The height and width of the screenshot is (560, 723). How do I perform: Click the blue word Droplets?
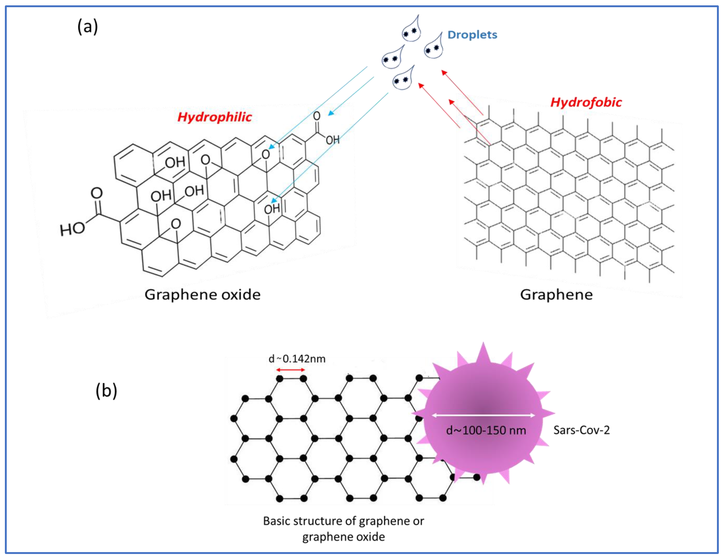click(472, 35)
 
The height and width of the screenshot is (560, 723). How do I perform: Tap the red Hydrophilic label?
click(215, 117)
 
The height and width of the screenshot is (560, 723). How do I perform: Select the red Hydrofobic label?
click(586, 102)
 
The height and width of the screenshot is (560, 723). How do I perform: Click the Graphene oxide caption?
click(202, 294)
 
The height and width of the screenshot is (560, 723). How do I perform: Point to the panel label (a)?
click(87, 26)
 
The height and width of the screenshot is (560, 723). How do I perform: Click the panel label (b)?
click(106, 391)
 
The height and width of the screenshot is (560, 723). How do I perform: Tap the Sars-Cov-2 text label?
click(581, 430)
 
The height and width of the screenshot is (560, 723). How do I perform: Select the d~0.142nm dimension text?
click(297, 359)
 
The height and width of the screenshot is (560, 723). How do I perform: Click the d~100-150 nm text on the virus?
click(486, 430)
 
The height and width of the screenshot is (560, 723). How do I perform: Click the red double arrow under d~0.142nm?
click(291, 370)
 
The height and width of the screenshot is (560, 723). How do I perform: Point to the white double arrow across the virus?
click(483, 415)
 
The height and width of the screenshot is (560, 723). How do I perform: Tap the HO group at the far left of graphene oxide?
click(72, 229)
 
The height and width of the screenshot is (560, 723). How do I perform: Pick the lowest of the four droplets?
click(403, 79)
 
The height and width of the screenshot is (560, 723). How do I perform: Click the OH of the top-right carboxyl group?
click(332, 140)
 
